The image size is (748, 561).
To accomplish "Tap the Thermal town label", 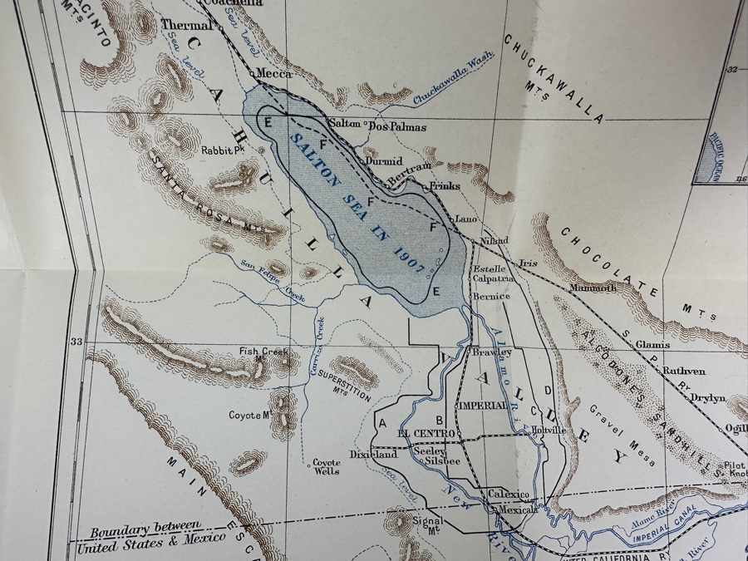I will tap(186, 25).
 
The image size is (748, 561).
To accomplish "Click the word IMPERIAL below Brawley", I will tap(482, 405).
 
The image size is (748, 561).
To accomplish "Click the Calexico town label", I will tap(509, 493).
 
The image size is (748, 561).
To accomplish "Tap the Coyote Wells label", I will tap(327, 467).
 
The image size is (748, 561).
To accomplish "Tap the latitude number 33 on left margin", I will tap(77, 342).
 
